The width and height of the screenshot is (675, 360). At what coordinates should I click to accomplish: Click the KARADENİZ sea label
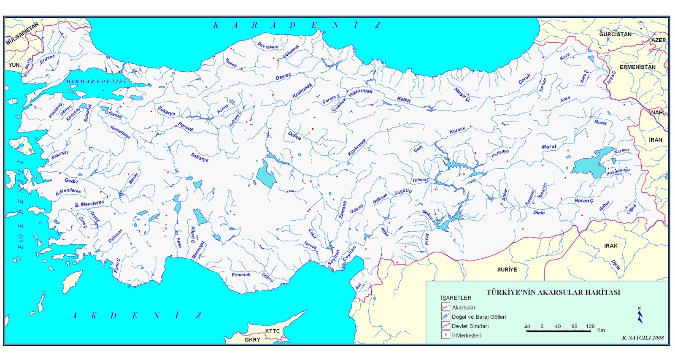coord(297,25)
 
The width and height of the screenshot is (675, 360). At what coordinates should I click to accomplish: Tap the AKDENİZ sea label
coord(136,315)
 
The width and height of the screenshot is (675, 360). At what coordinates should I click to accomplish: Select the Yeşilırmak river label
coord(360,92)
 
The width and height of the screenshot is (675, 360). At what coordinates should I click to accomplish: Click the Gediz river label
coord(71,181)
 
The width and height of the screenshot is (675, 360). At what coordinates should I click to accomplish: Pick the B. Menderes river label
coord(89,204)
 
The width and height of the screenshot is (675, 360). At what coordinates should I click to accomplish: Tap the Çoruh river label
coord(524,79)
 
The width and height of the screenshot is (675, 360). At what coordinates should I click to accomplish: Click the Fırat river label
coord(427,239)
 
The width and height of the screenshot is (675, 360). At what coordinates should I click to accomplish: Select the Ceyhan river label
coord(349,254)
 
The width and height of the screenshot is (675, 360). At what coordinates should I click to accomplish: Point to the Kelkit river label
coord(404,100)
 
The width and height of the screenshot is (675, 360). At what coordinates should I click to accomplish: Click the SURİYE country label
coord(507,269)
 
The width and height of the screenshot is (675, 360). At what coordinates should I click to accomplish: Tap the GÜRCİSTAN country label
coord(615,34)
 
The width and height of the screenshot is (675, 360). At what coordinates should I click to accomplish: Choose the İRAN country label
coord(655,140)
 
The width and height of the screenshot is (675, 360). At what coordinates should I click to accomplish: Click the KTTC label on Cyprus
coord(272,331)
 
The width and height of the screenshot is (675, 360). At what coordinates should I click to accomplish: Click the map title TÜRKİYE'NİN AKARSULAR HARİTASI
coord(553,292)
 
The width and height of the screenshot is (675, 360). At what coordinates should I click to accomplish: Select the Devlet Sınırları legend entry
coord(470,326)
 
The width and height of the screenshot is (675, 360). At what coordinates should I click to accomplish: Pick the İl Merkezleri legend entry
coord(466,335)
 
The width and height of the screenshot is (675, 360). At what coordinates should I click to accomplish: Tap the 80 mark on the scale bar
coord(574,326)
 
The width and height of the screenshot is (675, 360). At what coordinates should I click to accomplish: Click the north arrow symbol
coord(640,316)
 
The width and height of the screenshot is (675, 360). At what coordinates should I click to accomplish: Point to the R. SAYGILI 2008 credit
coord(643,338)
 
